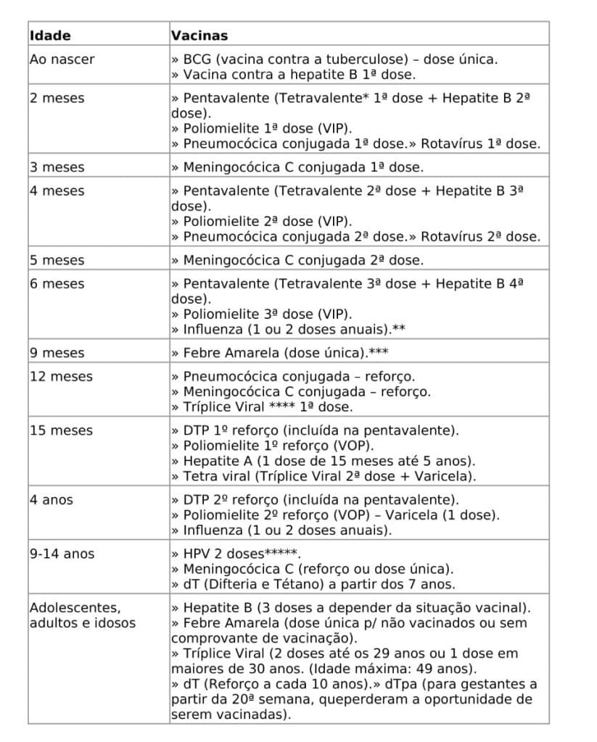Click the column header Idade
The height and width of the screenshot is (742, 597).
point(50,35)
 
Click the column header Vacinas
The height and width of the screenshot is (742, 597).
point(199,35)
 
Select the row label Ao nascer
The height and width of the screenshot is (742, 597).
point(62,59)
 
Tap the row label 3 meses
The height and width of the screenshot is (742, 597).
point(57,167)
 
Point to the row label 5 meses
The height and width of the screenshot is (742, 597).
point(57,260)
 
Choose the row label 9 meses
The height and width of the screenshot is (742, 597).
point(57,353)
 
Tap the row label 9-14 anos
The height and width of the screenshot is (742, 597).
point(62,554)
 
